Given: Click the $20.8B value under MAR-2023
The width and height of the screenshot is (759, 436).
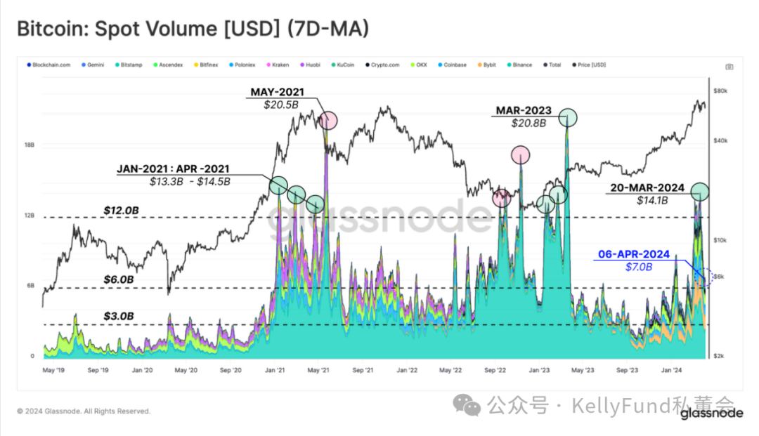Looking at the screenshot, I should coord(528,123).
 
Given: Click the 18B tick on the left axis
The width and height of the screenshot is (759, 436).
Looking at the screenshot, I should coord(30,145).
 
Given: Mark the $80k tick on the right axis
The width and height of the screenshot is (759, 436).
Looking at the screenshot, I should coord(720,91).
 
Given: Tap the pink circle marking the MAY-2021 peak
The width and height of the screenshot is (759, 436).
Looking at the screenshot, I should coord(327,121).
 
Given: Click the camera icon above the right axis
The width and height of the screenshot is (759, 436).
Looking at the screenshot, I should coord(729,67).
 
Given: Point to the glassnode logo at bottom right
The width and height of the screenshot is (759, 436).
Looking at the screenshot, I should coord(711,414).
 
